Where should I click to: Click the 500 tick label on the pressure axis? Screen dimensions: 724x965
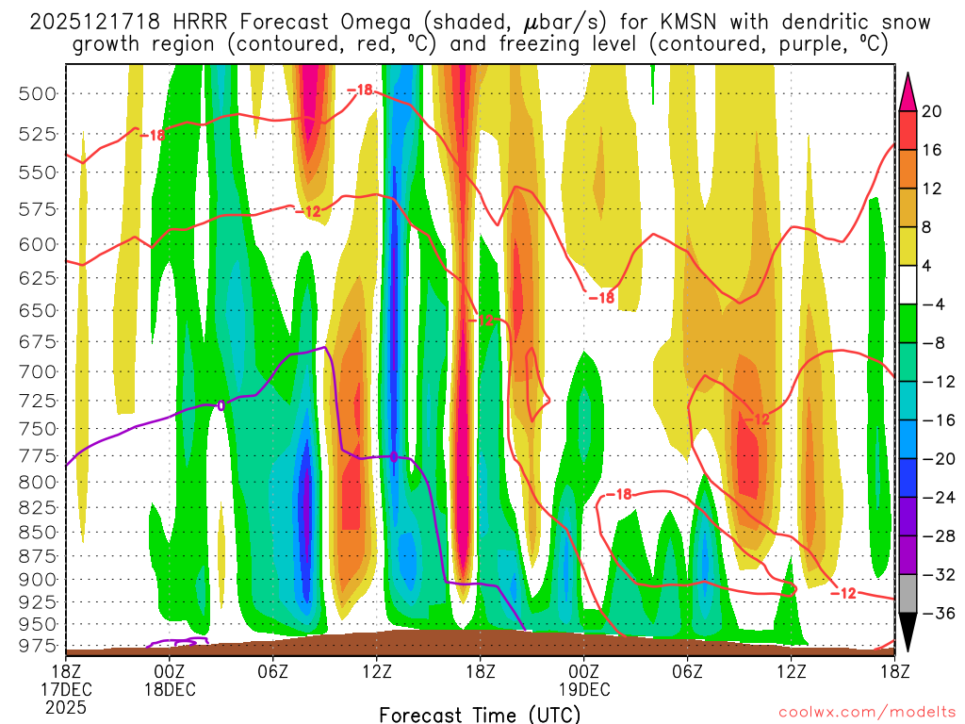(38, 92)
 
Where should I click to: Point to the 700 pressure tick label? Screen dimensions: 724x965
(38, 371)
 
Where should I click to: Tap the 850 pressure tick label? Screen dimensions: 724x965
(38, 531)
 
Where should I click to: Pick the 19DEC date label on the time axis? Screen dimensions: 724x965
(583, 688)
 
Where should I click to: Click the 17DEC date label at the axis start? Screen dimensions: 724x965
(65, 688)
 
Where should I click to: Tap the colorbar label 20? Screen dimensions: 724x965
(932, 111)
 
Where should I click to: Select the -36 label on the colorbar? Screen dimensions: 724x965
(936, 613)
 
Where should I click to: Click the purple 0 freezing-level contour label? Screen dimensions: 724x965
(221, 405)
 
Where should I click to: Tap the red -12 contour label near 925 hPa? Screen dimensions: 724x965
(843, 592)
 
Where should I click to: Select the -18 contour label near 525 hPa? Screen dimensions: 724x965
(152, 135)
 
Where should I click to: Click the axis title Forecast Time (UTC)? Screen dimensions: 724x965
(480, 714)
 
